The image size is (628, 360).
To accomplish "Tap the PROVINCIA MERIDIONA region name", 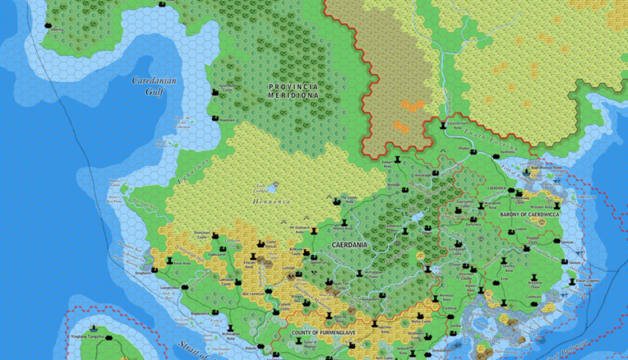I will [293, 90].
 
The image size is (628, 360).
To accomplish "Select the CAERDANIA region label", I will [349, 245].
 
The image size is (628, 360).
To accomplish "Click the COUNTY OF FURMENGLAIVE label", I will [323, 332].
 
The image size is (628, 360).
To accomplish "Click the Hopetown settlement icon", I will [215, 119].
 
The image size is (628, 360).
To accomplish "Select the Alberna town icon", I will [48, 25].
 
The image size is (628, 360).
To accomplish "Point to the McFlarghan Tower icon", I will [359, 273].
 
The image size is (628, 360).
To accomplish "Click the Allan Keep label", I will [182, 264].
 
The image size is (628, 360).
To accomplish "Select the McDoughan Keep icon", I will [231, 328].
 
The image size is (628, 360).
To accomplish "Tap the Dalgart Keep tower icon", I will [397, 159].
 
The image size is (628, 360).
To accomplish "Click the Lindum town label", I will [521, 229].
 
